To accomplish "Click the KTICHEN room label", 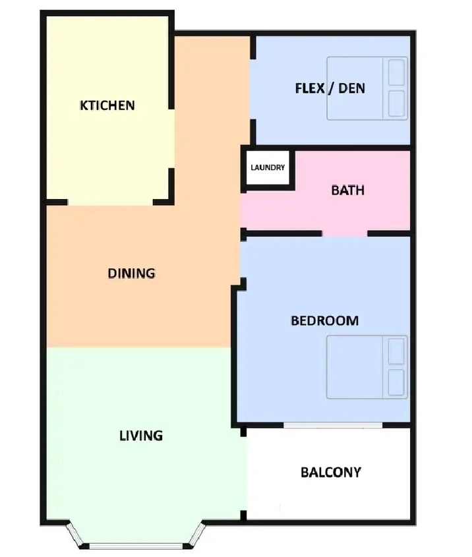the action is pyautogui.click(x=107, y=105).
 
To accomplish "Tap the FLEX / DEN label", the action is pyautogui.click(x=330, y=88).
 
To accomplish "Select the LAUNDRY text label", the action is pyautogui.click(x=268, y=167).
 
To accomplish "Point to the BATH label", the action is pyautogui.click(x=347, y=191).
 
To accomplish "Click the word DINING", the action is pyautogui.click(x=131, y=273).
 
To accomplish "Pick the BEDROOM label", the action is pyautogui.click(x=324, y=321).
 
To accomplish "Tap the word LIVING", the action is pyautogui.click(x=141, y=436).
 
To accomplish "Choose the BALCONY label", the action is pyautogui.click(x=331, y=472).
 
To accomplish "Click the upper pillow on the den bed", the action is pyautogui.click(x=396, y=73).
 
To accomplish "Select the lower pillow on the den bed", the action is pyautogui.click(x=396, y=103).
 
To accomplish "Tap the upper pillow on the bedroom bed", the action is pyautogui.click(x=396, y=351).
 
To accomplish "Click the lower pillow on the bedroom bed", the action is pyautogui.click(x=396, y=382).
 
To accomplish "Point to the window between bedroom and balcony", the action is pyautogui.click(x=333, y=425).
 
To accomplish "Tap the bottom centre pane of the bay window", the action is pyautogui.click(x=136, y=546).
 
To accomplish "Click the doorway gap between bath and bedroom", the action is pyautogui.click(x=345, y=234).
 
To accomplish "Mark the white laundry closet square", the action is pyautogui.click(x=268, y=167).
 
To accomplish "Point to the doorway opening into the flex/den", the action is pyautogui.click(x=253, y=89).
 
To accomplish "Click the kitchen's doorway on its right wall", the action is pyautogui.click(x=171, y=138).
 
